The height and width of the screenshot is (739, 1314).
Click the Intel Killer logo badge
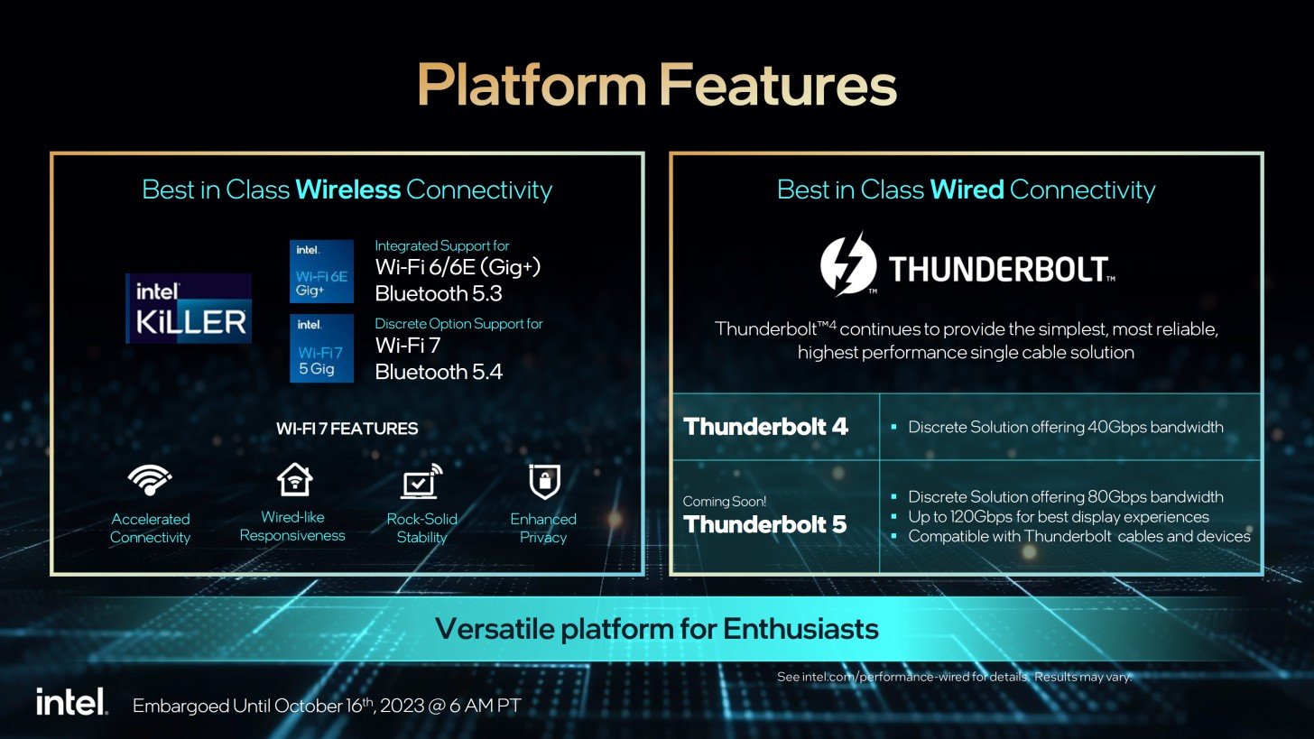tap(189, 308)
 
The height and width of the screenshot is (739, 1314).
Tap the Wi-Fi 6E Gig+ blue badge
tap(321, 271)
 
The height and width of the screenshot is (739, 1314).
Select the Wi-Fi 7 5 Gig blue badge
tap(321, 348)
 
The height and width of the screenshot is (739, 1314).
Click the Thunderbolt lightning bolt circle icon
tap(848, 263)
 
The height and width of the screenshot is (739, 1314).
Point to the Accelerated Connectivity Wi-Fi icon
tap(150, 480)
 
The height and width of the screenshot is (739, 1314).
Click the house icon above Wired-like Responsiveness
tap(294, 479)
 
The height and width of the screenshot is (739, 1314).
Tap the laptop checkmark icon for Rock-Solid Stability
tap(421, 481)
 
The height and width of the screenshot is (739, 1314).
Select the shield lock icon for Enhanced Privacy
tap(544, 482)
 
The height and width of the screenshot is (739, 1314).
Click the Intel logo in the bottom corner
tap(71, 701)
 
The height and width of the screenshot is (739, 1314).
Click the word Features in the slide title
tap(778, 85)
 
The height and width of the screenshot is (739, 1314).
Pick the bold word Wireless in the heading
tap(347, 189)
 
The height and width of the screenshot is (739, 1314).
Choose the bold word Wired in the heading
tap(967, 189)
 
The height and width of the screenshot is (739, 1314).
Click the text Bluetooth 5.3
tap(439, 293)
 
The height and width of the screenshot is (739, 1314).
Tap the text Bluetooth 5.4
tap(439, 372)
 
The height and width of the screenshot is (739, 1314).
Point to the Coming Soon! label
tap(725, 502)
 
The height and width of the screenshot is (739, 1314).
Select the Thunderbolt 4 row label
tap(765, 427)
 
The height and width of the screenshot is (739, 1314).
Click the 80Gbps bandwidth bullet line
tap(1065, 497)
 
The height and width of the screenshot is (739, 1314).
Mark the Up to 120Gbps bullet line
tap(1059, 517)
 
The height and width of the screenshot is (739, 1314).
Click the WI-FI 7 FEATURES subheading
tap(347, 429)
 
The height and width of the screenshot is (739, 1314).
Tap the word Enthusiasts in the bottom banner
tap(800, 629)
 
